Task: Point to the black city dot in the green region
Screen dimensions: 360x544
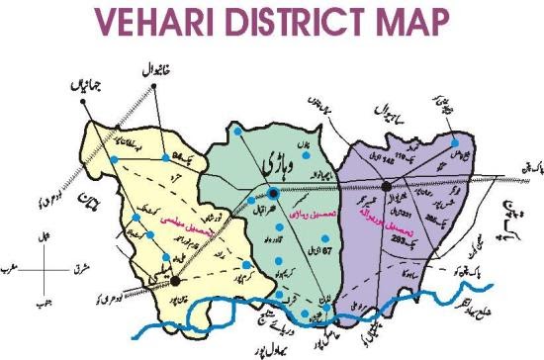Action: (x=244, y=192)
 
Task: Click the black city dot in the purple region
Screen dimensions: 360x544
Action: (x=360, y=183)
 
